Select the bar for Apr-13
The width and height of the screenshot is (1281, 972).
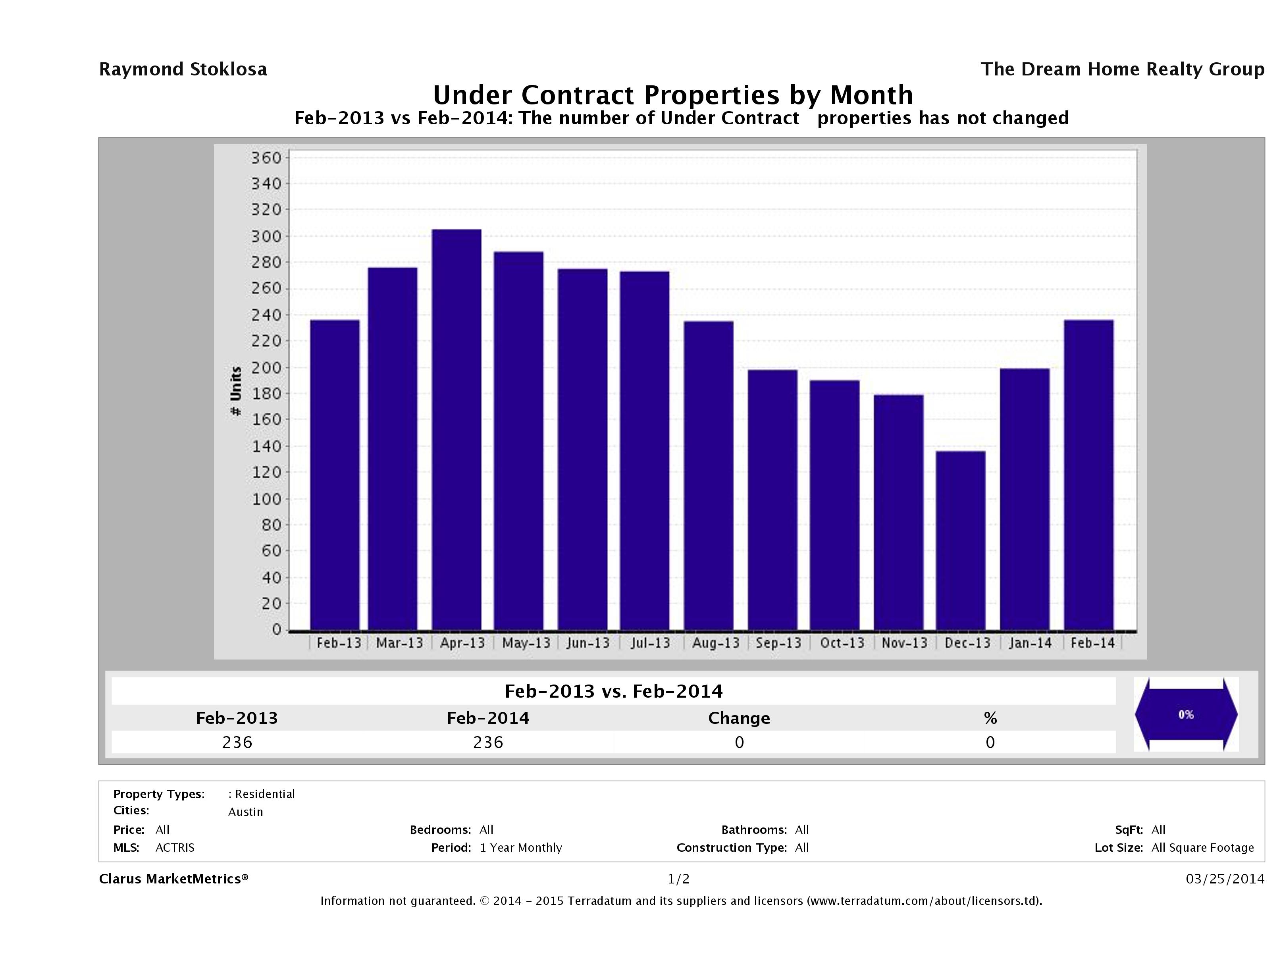(x=457, y=429)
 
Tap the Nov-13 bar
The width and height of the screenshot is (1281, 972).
(x=898, y=512)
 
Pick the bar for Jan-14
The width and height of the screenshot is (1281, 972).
(x=1025, y=499)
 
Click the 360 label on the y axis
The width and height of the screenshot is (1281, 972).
(x=266, y=158)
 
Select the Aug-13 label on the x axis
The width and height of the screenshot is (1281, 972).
(x=716, y=643)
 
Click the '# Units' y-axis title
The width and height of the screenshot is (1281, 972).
(x=236, y=391)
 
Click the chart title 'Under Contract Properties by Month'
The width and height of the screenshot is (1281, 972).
(x=672, y=95)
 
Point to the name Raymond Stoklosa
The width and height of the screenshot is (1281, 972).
(x=183, y=69)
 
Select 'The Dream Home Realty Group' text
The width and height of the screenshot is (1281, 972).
(x=1122, y=69)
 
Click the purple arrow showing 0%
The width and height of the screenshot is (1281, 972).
(x=1185, y=715)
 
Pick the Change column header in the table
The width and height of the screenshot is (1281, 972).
(x=739, y=718)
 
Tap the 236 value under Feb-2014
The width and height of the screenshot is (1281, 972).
(x=487, y=742)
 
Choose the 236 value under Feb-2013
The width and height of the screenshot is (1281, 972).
(x=237, y=742)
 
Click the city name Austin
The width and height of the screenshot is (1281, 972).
(x=246, y=812)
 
